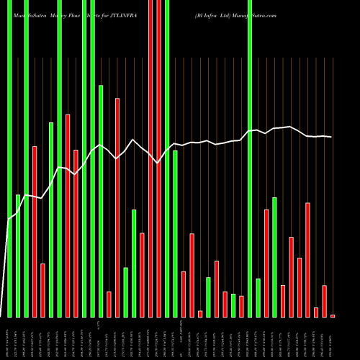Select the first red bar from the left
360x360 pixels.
click(34, 231)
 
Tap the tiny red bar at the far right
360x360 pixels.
click(333, 315)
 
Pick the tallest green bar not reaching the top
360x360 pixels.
click(101, 201)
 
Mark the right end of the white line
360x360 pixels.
click(331, 137)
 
